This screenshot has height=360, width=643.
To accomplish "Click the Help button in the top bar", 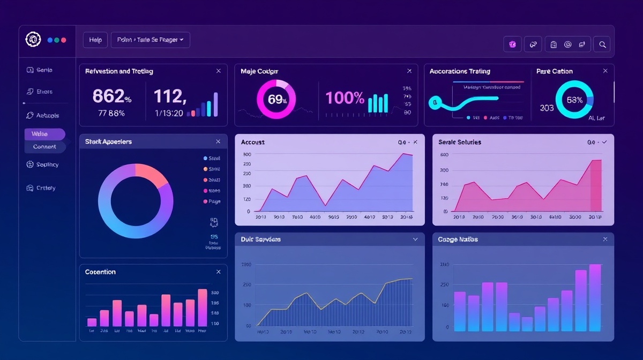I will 95,40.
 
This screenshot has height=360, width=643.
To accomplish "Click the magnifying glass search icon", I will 602,44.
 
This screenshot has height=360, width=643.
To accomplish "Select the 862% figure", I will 111,96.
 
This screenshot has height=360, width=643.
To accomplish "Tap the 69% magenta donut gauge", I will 276,99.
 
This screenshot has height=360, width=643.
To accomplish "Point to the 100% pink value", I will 345,97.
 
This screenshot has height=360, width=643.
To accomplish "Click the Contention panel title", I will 100,272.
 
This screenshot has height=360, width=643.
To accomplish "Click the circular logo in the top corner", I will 33,40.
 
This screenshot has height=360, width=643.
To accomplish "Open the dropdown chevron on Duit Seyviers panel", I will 415,239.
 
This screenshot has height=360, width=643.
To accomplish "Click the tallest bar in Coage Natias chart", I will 595,297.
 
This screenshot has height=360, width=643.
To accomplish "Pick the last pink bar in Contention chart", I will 203,307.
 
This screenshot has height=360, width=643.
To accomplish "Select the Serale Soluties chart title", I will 459,142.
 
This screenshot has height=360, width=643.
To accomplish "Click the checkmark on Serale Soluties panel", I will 604,142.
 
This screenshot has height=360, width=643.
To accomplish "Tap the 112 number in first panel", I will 169,96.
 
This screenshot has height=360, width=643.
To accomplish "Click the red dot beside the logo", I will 64,40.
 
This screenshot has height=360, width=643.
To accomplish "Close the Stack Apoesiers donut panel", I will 218,141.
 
